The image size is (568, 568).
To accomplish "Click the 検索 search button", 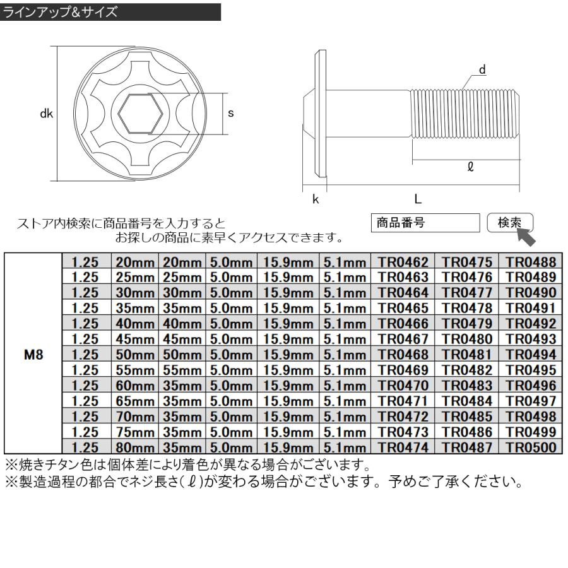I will point(510,223).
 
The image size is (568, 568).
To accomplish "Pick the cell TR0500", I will point(530,447).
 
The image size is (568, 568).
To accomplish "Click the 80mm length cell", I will point(134,447).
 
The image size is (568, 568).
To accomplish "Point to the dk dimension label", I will point(45,114).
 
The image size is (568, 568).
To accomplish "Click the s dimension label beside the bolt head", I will point(230,113).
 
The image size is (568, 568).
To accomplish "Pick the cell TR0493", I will point(530,338).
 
